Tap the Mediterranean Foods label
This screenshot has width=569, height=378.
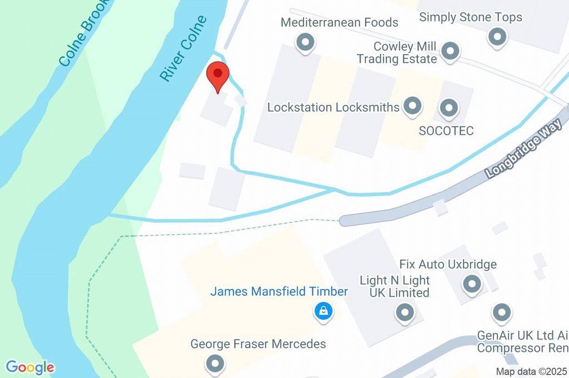[339, 23]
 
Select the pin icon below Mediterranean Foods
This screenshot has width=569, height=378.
[305, 42]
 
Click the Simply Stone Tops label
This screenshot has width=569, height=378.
[471, 17]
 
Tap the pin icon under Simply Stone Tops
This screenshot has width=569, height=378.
[497, 37]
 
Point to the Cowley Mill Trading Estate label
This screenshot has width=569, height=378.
[397, 53]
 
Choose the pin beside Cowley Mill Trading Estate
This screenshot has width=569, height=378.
[450, 52]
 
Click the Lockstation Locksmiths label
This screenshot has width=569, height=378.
[333, 107]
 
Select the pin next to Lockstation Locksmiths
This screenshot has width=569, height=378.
[412, 106]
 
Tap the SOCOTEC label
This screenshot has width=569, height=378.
[446, 131]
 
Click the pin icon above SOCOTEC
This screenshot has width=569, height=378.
[448, 107]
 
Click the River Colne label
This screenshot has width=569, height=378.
[183, 49]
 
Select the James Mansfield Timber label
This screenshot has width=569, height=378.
[279, 291]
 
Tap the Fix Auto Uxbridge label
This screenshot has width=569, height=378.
[448, 264]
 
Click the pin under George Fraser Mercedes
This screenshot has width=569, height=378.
[215, 364]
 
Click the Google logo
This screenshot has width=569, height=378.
[30, 367]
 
